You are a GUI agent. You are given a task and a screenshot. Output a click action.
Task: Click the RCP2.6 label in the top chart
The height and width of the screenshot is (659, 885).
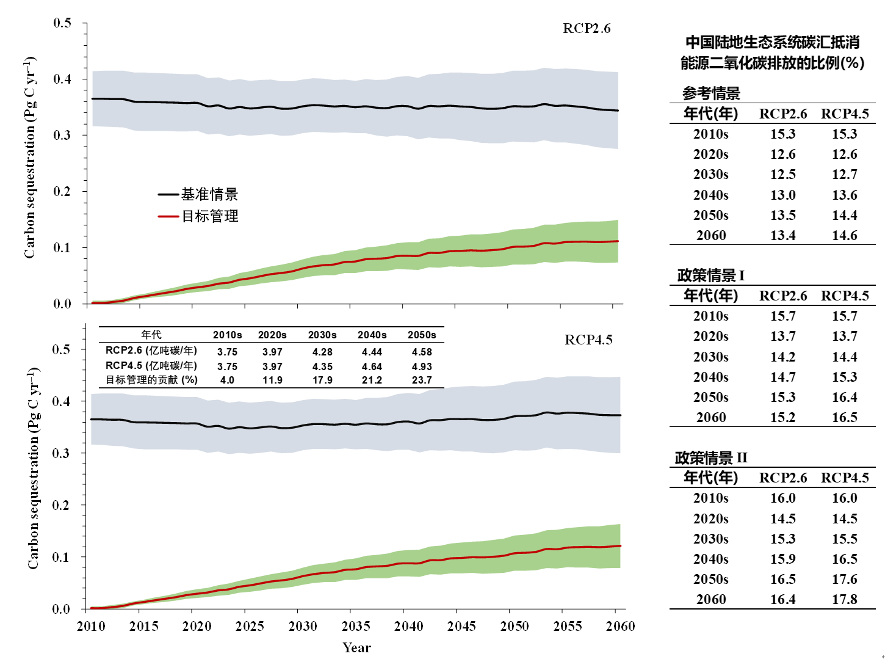point(586,29)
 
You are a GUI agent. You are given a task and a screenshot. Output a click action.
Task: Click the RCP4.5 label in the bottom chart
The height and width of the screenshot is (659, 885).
point(588,340)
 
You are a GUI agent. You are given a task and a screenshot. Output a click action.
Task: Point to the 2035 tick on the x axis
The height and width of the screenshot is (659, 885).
point(356,626)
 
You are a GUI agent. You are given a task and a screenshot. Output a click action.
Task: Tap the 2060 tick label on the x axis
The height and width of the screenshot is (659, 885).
point(620,626)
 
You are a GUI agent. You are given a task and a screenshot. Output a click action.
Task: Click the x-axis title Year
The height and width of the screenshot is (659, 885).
point(356,648)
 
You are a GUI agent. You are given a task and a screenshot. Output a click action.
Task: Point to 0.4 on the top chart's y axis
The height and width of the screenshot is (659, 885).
point(62,79)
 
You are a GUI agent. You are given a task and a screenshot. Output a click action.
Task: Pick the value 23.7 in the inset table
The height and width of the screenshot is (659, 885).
point(422,380)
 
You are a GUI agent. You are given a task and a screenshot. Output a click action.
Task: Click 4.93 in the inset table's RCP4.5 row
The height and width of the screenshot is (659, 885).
point(422,366)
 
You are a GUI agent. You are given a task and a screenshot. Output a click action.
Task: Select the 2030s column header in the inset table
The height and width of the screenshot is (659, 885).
point(322,335)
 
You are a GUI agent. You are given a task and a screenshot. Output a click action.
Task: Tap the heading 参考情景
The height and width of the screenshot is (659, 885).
point(711,93)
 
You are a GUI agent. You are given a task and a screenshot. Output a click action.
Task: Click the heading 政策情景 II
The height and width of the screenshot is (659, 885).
point(711,458)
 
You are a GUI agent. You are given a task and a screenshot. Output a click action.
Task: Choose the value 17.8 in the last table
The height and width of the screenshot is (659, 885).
point(845,599)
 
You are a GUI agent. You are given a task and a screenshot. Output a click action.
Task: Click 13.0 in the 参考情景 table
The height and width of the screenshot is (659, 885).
point(783,195)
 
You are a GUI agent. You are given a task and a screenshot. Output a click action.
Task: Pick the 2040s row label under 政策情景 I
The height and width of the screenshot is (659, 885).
point(711,377)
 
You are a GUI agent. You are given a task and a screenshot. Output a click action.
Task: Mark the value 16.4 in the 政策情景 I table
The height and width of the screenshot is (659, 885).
point(845,397)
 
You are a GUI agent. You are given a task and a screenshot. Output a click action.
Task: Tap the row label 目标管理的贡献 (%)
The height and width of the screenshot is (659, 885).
point(151,380)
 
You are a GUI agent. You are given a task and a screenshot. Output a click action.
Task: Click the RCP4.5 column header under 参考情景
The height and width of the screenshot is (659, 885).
point(845,114)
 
